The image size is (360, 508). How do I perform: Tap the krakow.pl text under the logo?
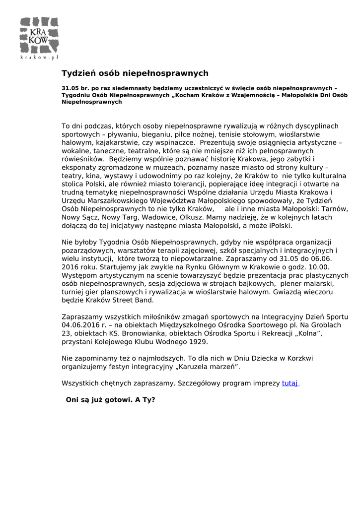pyautogui.click(x=39, y=58)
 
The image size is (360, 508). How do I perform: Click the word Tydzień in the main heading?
pyautogui.click(x=77, y=73)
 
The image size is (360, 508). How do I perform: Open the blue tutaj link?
pyautogui.click(x=290, y=383)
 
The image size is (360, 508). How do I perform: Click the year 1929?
pyautogui.click(x=198, y=342)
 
